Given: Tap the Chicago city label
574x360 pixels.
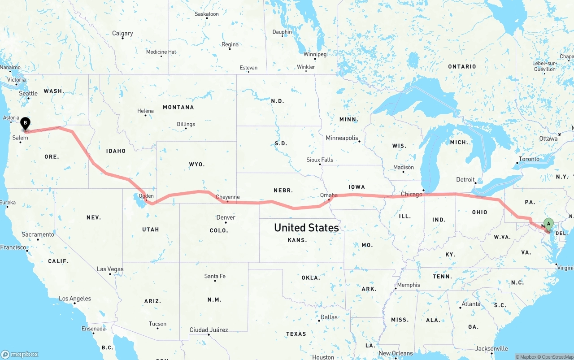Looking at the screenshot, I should [411, 194].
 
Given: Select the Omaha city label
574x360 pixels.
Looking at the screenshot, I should [329, 195].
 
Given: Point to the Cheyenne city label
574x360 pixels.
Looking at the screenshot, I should [227, 197].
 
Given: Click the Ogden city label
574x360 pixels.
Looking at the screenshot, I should [146, 196].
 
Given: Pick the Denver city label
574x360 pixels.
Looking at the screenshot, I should [226, 217].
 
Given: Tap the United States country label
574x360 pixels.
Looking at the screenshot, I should [306, 228].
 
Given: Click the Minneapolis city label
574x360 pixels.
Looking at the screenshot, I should [342, 138].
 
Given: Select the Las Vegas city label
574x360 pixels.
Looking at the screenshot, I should [110, 269].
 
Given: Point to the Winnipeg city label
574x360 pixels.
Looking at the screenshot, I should [315, 54].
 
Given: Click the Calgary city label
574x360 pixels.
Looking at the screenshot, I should [122, 33].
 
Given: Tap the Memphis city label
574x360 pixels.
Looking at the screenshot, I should [409, 285].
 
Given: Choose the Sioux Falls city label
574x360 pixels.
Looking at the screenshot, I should [320, 160].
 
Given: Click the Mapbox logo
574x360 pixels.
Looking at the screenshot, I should [20, 354].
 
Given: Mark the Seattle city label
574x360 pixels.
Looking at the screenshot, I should [28, 93].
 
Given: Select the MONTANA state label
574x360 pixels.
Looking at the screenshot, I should [178, 107].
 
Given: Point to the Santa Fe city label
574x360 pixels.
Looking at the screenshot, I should [215, 276].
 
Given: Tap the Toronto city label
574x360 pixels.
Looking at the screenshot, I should [529, 159].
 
